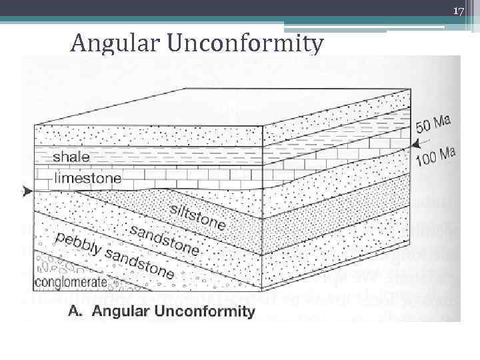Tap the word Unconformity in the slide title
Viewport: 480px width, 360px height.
246,44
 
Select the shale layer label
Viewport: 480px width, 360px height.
71,157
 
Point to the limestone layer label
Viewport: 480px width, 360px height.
88,178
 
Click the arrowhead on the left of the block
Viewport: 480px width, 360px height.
27,191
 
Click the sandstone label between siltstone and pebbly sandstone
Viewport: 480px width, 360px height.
163,240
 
